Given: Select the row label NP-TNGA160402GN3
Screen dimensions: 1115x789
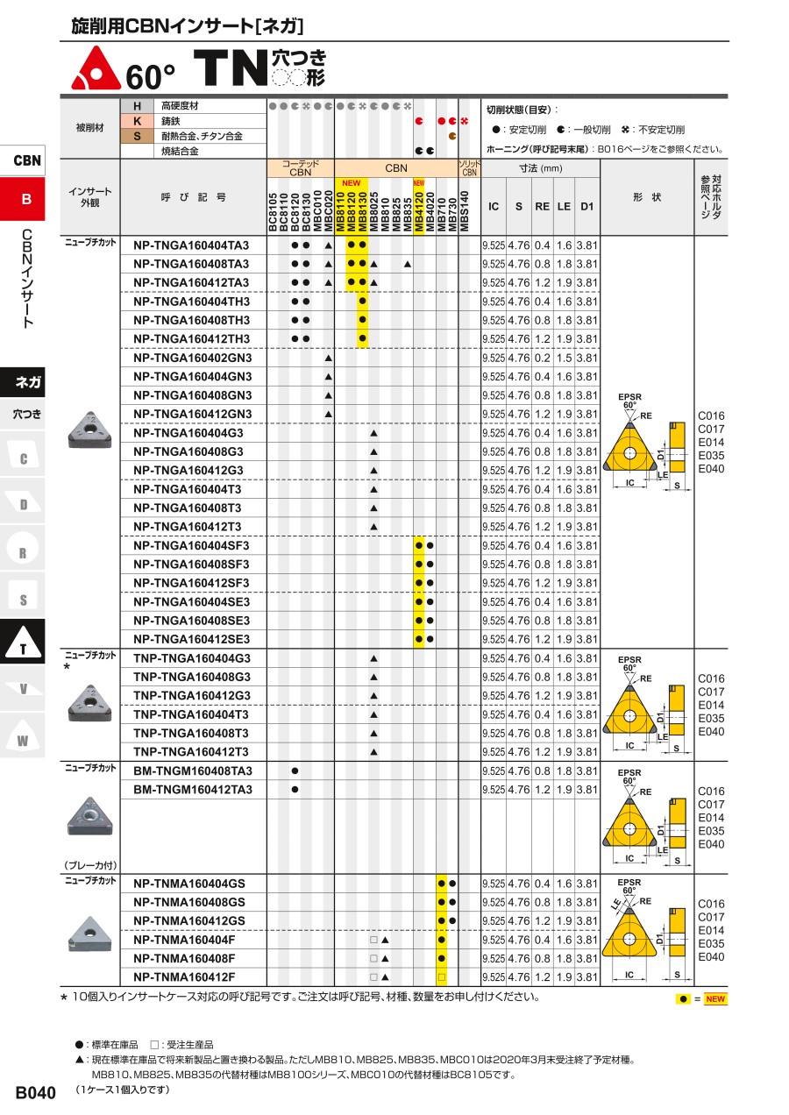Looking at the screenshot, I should click(x=192, y=358).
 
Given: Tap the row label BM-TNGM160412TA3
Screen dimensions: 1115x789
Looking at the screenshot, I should click(x=193, y=790).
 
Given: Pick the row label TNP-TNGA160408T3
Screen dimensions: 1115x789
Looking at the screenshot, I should click(x=191, y=733).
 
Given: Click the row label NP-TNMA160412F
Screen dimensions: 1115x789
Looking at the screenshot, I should click(x=184, y=977).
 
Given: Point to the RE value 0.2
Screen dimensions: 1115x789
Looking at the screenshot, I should click(x=542, y=358).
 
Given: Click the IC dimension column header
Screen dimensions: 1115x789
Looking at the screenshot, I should click(x=494, y=206).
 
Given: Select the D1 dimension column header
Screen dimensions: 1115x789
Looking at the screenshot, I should click(x=586, y=206).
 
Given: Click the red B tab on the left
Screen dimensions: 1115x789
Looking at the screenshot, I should click(x=25, y=199).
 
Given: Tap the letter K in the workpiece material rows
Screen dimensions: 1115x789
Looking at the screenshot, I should click(x=137, y=121).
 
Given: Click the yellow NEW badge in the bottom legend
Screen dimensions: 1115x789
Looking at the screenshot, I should click(x=715, y=998).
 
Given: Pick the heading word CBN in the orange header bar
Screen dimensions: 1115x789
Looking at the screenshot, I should click(x=395, y=167).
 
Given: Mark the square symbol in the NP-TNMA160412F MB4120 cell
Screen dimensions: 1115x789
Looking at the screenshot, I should click(x=442, y=977).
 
